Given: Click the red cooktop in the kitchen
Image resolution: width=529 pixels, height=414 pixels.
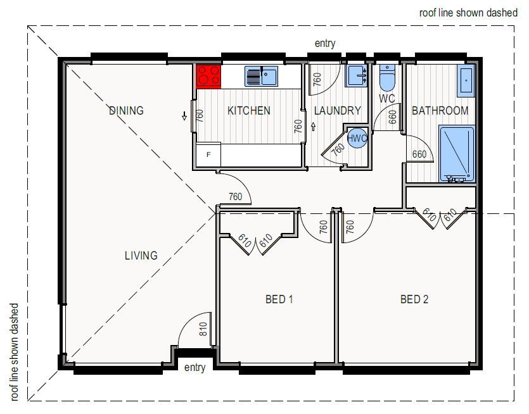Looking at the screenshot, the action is pos(208,77).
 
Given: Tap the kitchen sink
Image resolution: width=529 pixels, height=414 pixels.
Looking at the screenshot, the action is pos(261,76).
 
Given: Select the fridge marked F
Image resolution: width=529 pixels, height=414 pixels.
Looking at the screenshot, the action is pos(208,154).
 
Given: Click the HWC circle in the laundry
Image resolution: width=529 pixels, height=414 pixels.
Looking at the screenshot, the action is pos(357,138).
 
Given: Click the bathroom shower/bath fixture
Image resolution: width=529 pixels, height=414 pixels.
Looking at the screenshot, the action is pos(457,154).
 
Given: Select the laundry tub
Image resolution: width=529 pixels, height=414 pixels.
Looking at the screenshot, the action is pos(356,76).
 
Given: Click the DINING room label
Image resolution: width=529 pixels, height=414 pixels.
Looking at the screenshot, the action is pos(126,111).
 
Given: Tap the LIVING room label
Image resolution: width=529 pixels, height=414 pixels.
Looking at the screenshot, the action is pos(141,256).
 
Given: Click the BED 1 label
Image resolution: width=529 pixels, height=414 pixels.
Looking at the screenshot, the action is pos(279,299).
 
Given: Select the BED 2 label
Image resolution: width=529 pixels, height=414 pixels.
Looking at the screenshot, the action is pos(414,299).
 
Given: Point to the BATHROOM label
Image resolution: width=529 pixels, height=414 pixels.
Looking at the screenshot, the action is pos(440,111).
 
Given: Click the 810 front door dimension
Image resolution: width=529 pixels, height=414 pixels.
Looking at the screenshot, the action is pos(203,329).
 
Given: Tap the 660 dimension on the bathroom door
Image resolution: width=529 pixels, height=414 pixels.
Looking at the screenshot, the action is pos(419,154).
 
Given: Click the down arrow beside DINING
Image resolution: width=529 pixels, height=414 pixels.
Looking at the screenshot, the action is pos(184,116).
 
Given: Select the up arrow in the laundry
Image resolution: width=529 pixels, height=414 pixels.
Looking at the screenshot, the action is pos(313,127).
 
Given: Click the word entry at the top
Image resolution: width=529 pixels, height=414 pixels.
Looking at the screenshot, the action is pos(325,44).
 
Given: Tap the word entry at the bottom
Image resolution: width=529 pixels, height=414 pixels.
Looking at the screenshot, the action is pos(194,368).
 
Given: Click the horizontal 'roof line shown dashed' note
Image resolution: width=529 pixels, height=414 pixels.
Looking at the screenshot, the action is pos(468,13).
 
